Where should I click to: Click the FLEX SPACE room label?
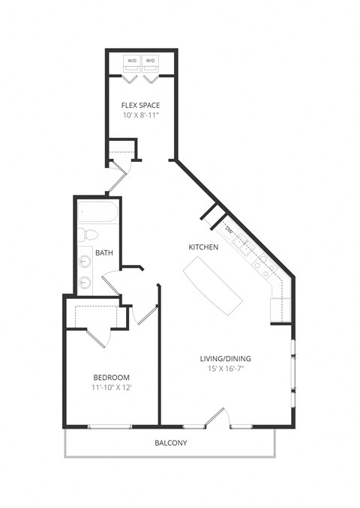pyautogui.click(x=140, y=105)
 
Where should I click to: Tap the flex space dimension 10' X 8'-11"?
pyautogui.click(x=140, y=115)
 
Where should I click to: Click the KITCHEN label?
pyautogui.click(x=202, y=247)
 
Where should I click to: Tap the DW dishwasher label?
pyautogui.click(x=229, y=229)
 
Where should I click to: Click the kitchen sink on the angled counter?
pyautogui.click(x=241, y=244)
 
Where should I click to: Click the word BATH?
pyautogui.click(x=104, y=253)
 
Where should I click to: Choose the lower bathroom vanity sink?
pyautogui.click(x=84, y=282)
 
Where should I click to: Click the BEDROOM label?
pyautogui.click(x=112, y=377)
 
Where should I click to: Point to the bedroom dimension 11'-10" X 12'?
pyautogui.click(x=112, y=388)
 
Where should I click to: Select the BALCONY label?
pyautogui.click(x=171, y=443)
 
